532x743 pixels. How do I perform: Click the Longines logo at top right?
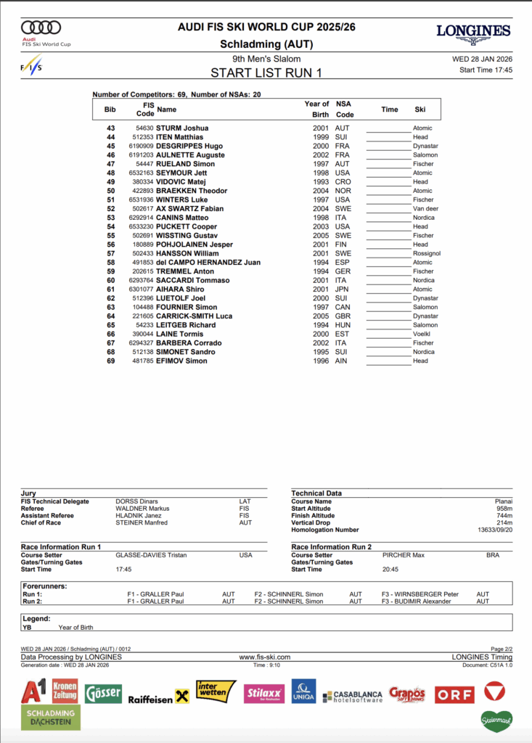473,31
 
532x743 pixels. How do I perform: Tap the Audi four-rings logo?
41,28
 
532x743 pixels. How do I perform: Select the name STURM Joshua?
182,128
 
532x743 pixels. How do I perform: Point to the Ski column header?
420,110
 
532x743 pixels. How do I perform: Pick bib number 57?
111,253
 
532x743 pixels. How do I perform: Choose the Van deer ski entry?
425,209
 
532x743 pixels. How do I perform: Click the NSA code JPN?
342,290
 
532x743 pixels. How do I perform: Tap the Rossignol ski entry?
427,253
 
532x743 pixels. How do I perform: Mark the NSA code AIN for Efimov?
342,361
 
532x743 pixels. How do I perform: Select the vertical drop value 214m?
504,522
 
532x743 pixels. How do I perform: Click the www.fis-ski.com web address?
264,657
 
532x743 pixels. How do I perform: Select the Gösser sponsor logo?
103,694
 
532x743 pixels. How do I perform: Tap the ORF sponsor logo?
454,694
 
